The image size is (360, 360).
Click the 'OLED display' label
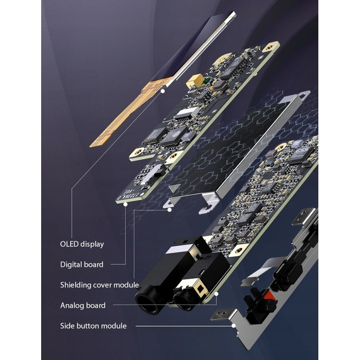pos(82,244)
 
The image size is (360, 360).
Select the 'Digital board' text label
pos(82,264)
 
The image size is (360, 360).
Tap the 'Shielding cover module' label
pos(100,285)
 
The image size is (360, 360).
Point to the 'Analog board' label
pos(83,305)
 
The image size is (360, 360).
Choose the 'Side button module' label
pos(93,326)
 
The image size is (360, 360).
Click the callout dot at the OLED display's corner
pos(163,91)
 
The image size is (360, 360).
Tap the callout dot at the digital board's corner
pos(125,204)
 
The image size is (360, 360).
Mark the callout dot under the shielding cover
pos(169,210)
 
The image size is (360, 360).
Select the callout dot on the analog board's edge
pos(217,294)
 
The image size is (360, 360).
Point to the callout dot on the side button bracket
pos(233,326)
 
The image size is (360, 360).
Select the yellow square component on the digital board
pos(195,80)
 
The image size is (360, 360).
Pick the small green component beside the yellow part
pos(207,80)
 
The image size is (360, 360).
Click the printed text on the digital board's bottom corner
pos(129,194)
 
